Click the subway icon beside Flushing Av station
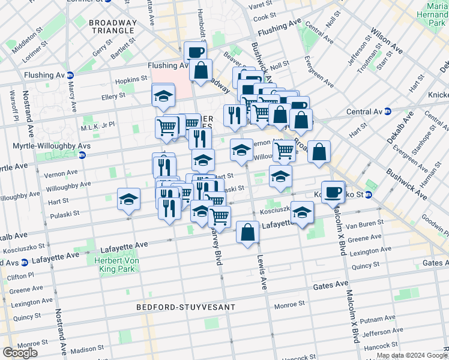point(70,76)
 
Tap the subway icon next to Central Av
point(388,111)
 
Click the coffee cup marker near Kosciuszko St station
point(333,192)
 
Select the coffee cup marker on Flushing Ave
point(195,52)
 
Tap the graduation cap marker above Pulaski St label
point(128,199)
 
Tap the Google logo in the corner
point(20,353)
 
